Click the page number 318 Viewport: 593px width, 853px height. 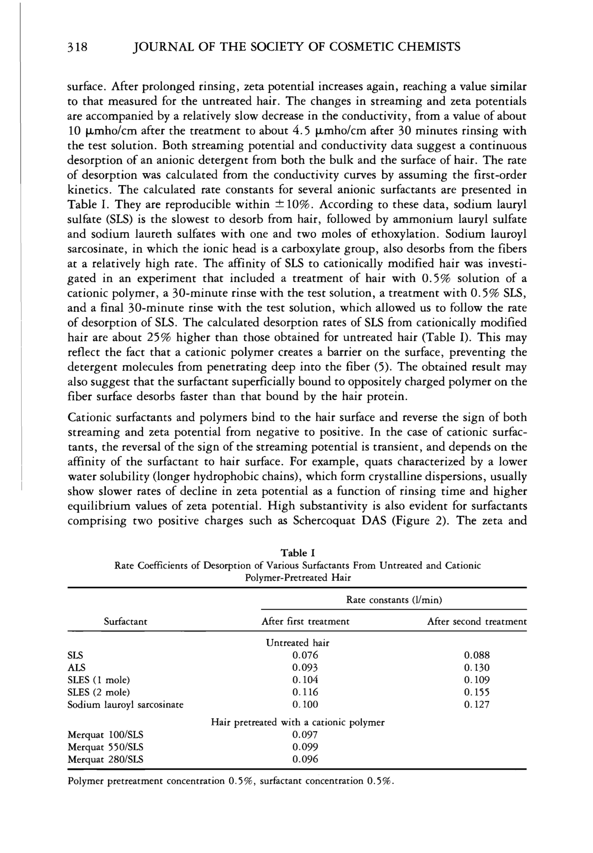click(77, 47)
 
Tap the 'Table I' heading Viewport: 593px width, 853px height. click(298, 553)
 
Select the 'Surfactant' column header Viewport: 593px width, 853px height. click(125, 622)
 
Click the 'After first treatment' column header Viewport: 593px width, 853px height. click(305, 621)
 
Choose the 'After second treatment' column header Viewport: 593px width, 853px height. click(477, 621)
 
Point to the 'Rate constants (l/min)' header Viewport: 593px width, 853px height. click(394, 600)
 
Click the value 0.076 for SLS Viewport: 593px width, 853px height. click(305, 655)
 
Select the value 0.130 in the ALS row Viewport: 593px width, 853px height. click(477, 668)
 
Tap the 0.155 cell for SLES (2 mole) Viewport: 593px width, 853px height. click(477, 692)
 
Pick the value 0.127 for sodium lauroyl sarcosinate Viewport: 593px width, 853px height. click(477, 704)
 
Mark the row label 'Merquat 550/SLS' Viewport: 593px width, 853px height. click(105, 747)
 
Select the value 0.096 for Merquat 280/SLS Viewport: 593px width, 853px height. click(305, 759)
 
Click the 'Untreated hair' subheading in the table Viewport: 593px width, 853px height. click(298, 643)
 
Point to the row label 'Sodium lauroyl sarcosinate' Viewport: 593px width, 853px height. click(125, 704)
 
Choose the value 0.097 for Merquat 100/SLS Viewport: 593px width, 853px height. click(305, 735)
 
